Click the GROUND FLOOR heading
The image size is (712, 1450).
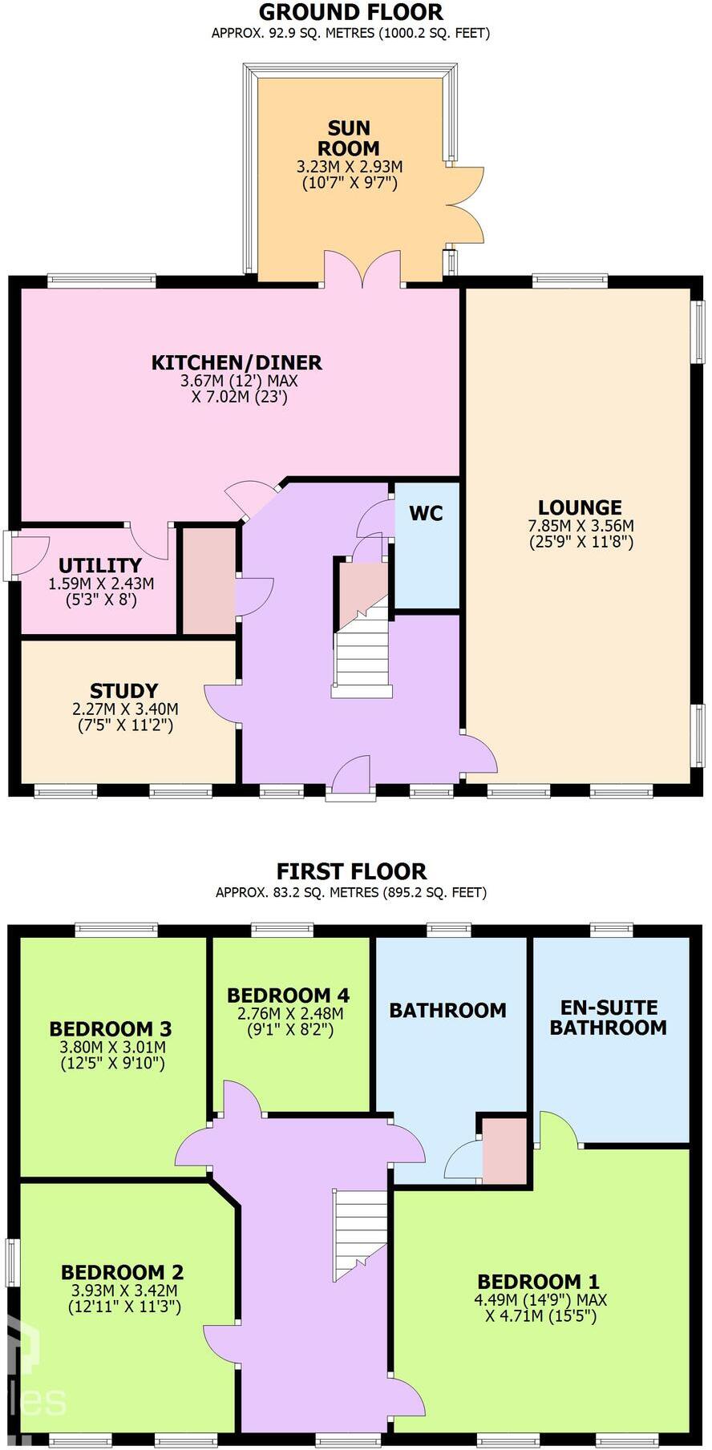click(x=350, y=12)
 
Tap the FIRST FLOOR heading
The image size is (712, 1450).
click(x=351, y=871)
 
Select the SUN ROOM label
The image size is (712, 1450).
click(x=349, y=138)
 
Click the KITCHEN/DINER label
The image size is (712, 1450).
click(x=237, y=362)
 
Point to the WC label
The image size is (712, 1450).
click(x=426, y=513)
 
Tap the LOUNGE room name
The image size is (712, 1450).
click(x=580, y=507)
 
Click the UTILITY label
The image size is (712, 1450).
click(x=100, y=565)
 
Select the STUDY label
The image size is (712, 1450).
click(x=123, y=691)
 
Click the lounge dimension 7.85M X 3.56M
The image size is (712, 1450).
click(x=581, y=526)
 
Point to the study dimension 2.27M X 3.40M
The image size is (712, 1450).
click(x=125, y=709)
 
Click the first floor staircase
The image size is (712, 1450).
click(x=361, y=1234)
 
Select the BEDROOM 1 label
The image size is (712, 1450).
click(x=538, y=1282)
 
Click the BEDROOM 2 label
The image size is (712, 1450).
click(x=122, y=1272)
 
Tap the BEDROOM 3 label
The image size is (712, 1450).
click(x=111, y=1028)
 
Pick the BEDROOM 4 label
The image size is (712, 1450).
click(x=288, y=996)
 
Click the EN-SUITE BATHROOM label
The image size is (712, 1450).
click(x=608, y=1017)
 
